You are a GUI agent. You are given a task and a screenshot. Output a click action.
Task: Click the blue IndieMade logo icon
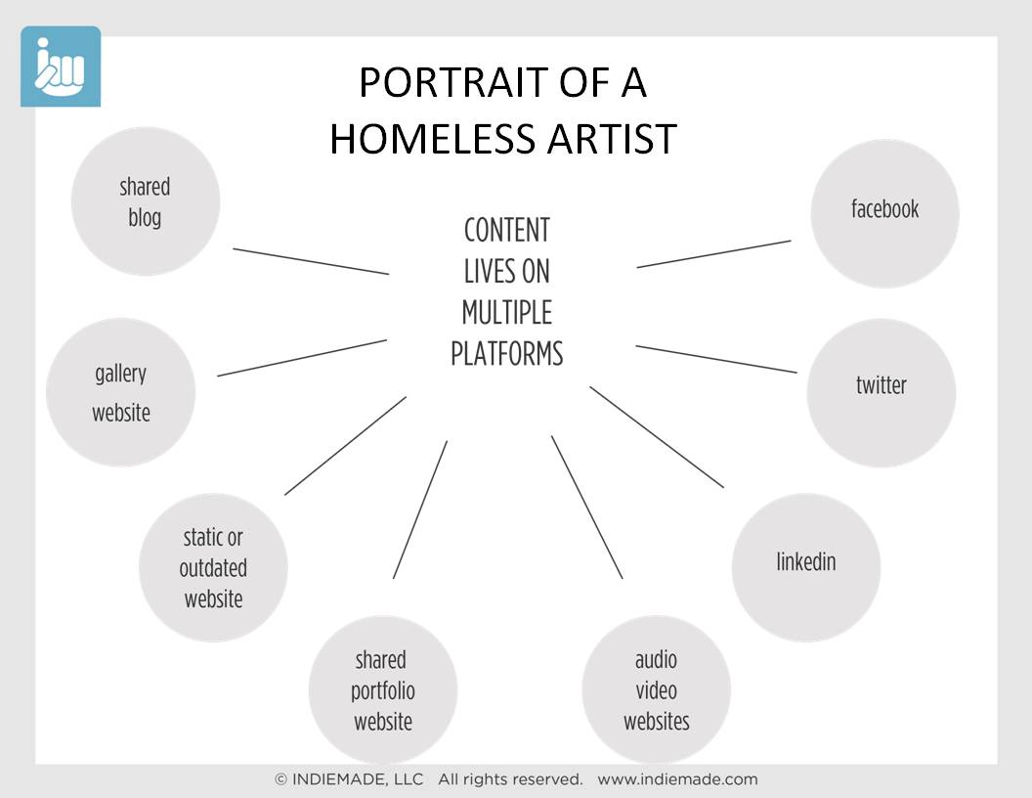[x=61, y=66]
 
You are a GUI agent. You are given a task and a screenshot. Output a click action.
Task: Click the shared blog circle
[x=146, y=201]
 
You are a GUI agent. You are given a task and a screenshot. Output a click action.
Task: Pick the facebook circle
[x=884, y=213]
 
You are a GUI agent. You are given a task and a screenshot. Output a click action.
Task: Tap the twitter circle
[x=881, y=393]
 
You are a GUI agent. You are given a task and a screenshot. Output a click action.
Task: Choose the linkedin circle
[x=805, y=567]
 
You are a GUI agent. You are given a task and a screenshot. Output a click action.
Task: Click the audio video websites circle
[x=656, y=689]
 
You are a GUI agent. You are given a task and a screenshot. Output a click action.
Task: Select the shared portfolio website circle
[x=383, y=689]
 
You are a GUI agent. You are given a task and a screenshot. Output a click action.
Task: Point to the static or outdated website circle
[x=213, y=567]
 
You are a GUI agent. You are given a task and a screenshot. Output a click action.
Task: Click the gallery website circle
[x=120, y=392]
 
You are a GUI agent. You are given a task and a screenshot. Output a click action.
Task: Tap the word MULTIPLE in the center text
[x=507, y=312]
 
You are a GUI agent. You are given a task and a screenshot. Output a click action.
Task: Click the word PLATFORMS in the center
[x=507, y=354]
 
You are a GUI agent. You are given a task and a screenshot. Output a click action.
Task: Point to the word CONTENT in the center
[x=507, y=231]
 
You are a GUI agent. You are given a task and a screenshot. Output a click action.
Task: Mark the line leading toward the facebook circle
[x=713, y=254]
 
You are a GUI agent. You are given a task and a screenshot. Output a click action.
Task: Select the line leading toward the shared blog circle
[x=311, y=261]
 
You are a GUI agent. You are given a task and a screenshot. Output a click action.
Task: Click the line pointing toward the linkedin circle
[x=657, y=437]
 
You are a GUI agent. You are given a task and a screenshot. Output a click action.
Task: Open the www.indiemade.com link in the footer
[x=677, y=779]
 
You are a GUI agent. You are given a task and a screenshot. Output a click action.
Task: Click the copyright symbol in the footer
[x=281, y=779]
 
